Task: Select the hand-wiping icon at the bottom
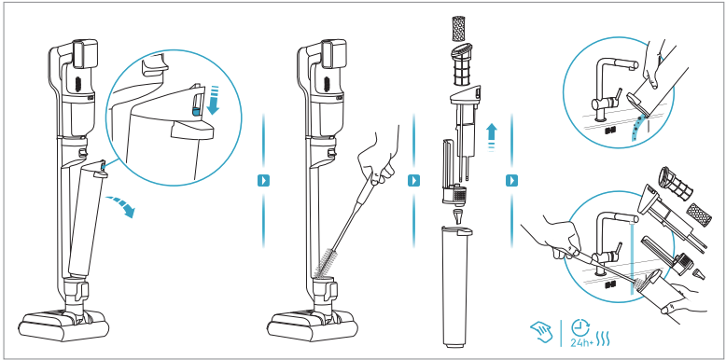pos(541,332)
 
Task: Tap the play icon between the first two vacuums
pos(263,180)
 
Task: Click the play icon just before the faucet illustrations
pos(511,180)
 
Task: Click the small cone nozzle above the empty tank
pos(458,215)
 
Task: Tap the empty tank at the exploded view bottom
pos(457,285)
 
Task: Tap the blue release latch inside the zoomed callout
pos(197,111)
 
